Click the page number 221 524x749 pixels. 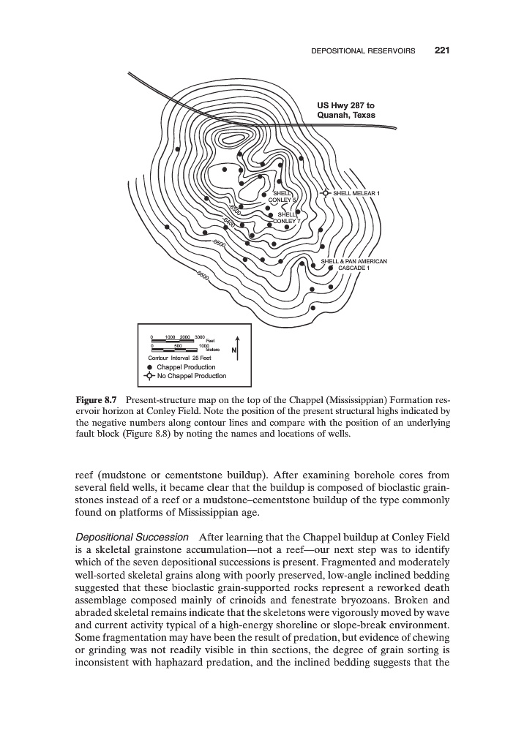coord(441,50)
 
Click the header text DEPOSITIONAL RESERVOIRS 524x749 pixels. coord(363,51)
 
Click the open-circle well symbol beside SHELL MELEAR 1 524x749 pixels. coord(326,193)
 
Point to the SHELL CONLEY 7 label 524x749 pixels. coord(285,217)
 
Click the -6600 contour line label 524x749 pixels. coord(203,276)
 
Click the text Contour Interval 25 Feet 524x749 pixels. coord(180,357)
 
